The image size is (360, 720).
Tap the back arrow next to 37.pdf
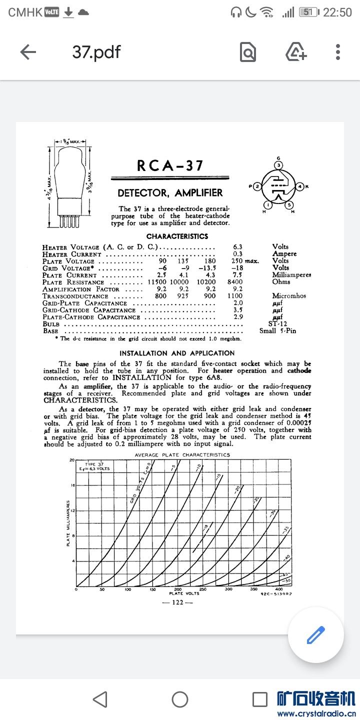[28, 52]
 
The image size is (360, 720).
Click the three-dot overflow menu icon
[338, 52]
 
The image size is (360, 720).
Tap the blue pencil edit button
[315, 635]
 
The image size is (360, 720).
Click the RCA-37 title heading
[170, 165]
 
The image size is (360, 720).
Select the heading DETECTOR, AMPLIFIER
[170, 193]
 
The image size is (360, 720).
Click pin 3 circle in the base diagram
[279, 165]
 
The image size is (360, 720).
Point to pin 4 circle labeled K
[300, 186]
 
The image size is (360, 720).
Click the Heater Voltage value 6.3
[237, 246]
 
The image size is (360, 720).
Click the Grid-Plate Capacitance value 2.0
[237, 303]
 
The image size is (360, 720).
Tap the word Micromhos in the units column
[289, 296]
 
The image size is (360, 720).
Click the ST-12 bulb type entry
[277, 323]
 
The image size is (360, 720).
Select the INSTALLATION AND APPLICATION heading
[177, 353]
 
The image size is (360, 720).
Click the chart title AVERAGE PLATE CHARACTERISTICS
[182, 454]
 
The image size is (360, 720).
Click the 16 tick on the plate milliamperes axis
[71, 485]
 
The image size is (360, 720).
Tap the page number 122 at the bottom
[177, 602]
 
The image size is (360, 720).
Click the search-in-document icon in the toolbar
[248, 52]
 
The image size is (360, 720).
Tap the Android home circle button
[180, 699]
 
